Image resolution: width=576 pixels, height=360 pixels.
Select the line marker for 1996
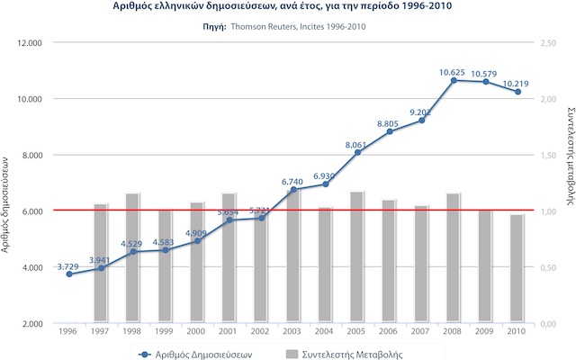(x=69, y=274)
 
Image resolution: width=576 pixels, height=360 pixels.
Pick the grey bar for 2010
(x=517, y=268)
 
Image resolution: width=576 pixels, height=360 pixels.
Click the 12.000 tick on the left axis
(x=31, y=42)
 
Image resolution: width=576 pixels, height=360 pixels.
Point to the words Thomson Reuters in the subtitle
(x=265, y=26)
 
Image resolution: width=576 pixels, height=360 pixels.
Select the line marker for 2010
(x=517, y=92)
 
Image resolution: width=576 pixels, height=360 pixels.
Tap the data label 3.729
(x=68, y=266)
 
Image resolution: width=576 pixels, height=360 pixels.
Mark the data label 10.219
(x=517, y=84)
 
